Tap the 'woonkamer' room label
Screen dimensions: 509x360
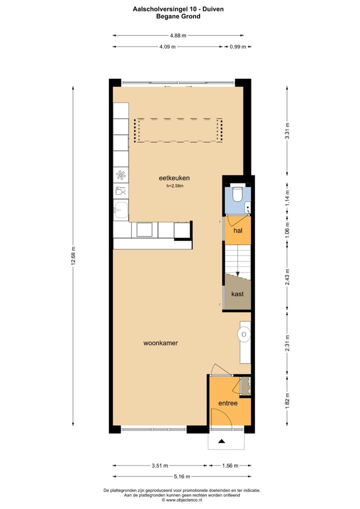pos(161,343)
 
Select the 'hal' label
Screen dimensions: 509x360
pos(238,230)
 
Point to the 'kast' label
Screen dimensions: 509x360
pos(237,294)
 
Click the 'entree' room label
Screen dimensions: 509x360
pos(227,403)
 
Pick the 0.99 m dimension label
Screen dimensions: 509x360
pos(237,46)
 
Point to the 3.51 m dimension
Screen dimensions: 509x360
pos(160,465)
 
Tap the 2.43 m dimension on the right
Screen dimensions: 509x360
pos(287,277)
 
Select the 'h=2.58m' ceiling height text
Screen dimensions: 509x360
pos(175,186)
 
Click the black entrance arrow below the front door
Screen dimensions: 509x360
pos(221,441)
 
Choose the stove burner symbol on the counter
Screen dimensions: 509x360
pos(121,174)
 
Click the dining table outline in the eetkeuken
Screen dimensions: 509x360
pos(177,130)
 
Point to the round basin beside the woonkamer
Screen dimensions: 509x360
pos(244,334)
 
